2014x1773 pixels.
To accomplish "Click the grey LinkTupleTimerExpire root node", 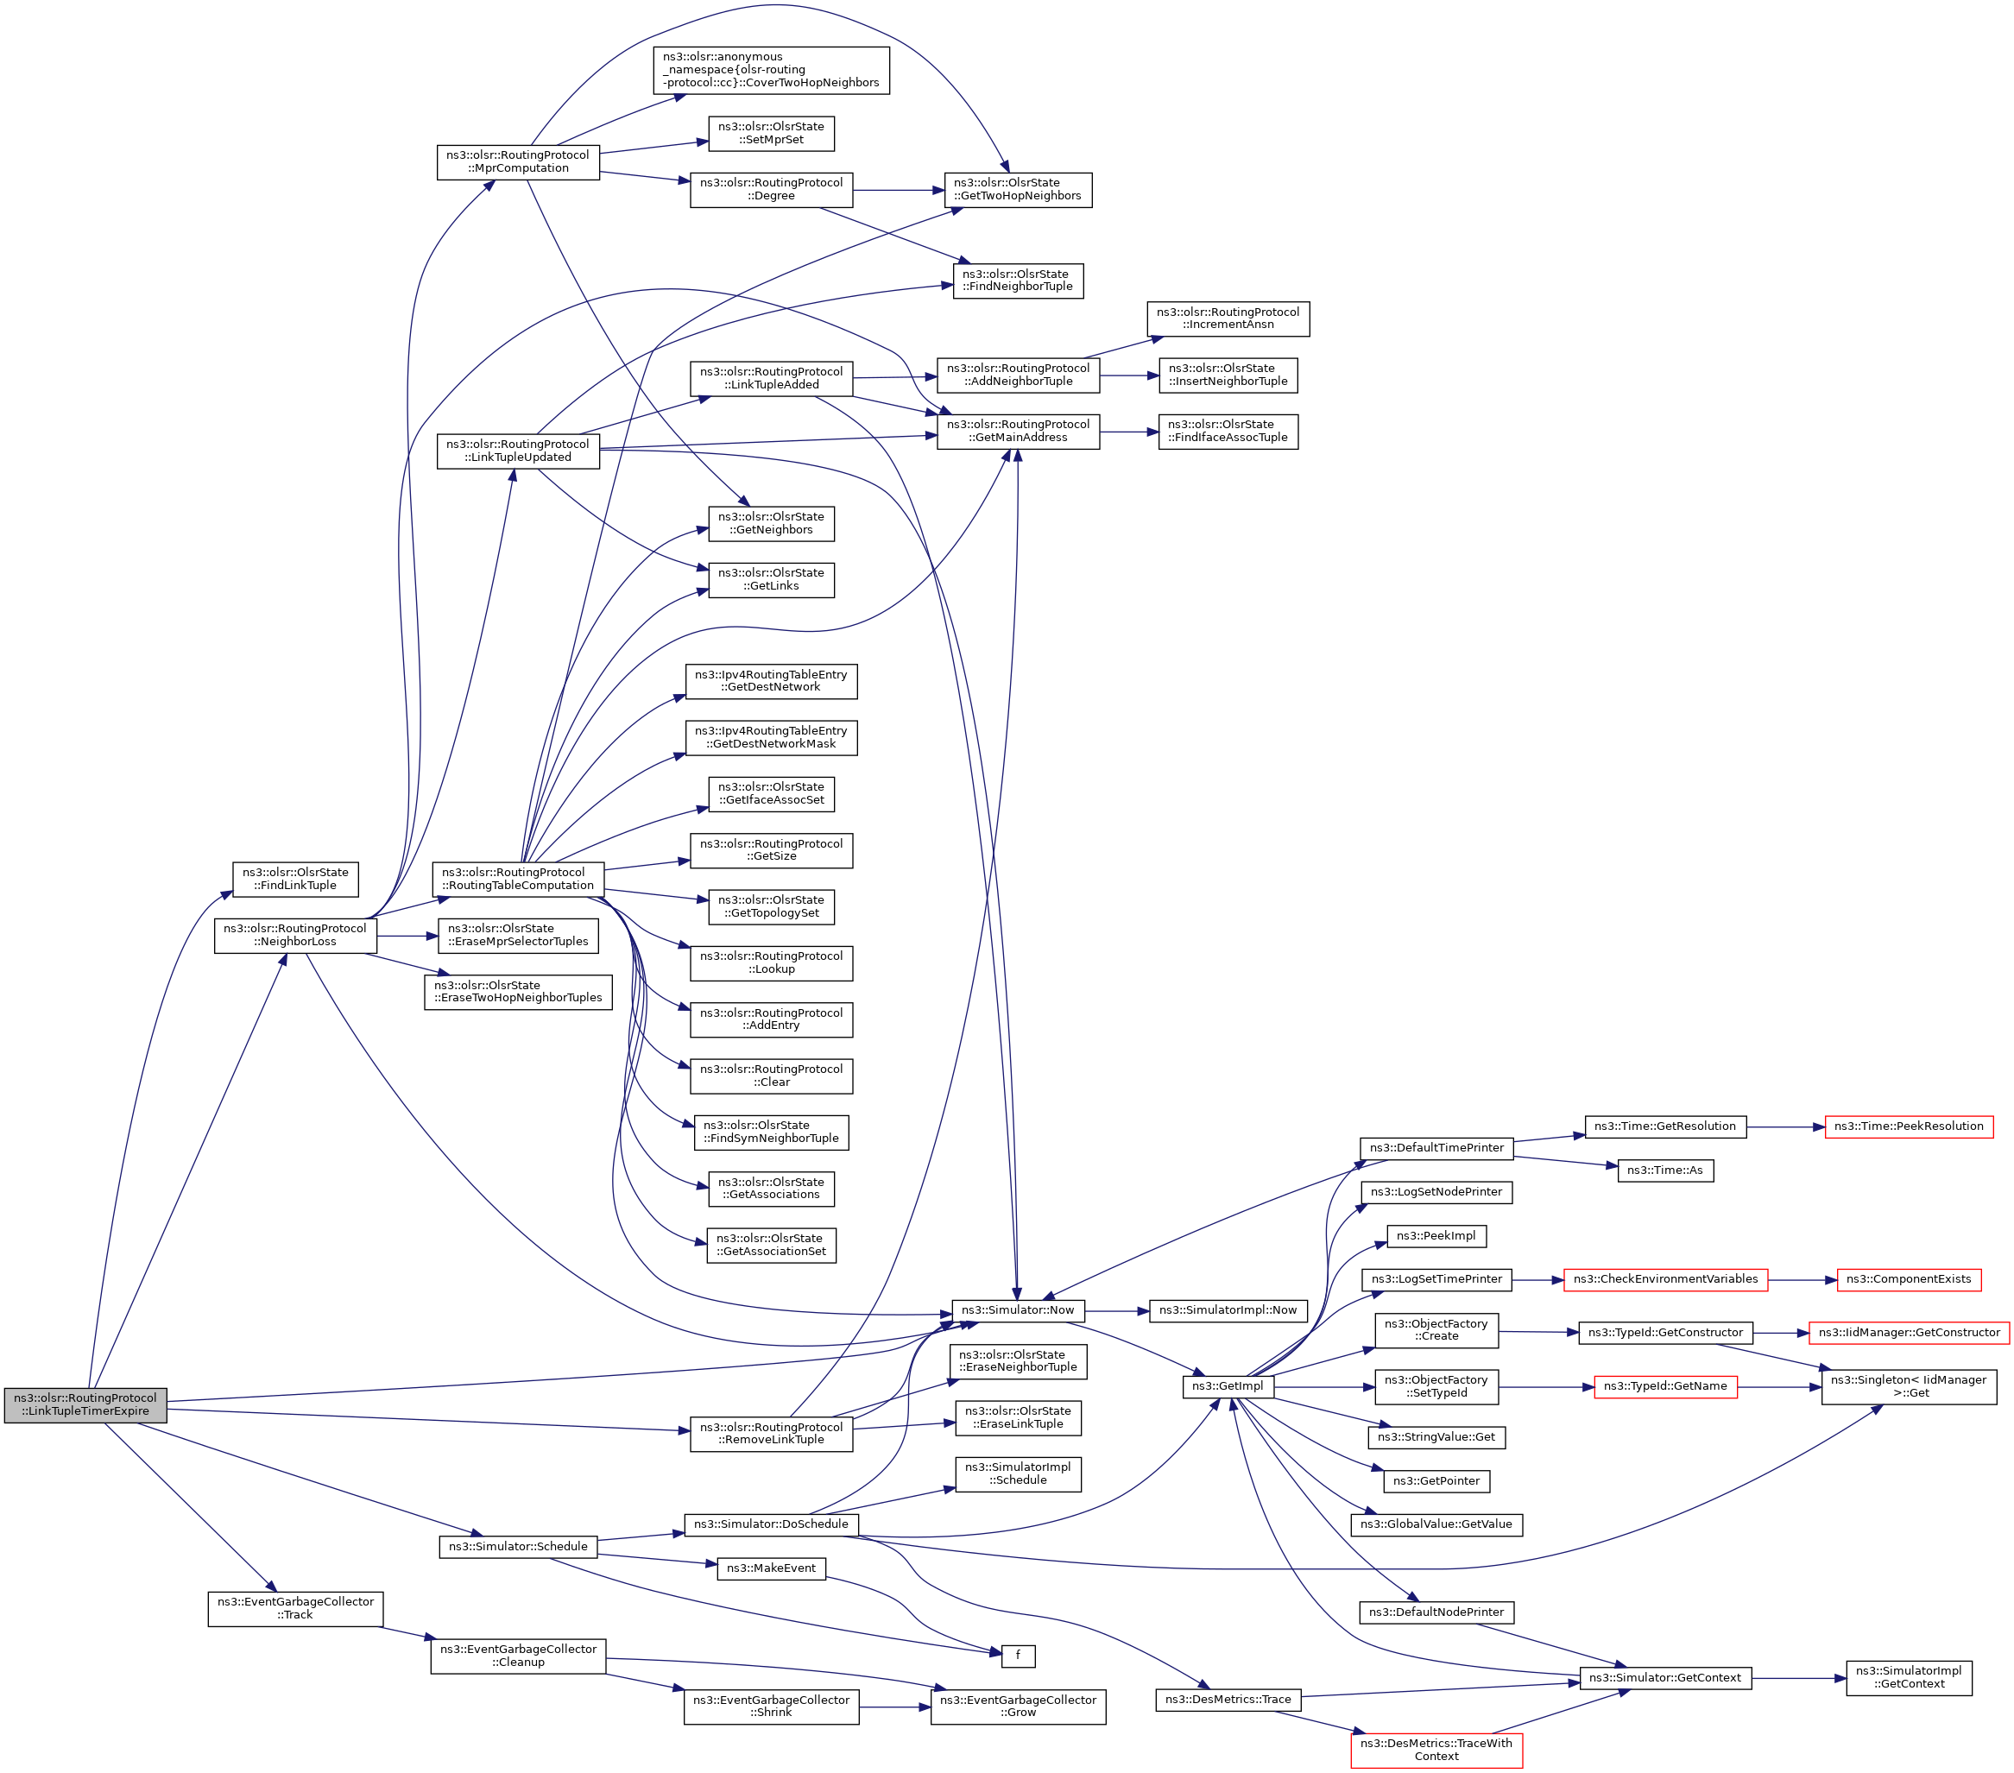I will point(85,1404).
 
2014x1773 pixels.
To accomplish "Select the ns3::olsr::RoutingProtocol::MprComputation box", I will point(517,161).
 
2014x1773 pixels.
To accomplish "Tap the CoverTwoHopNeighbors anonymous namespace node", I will point(771,70).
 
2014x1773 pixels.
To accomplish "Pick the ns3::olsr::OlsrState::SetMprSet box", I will point(771,133).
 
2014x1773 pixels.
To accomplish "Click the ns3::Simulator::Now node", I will point(1017,1310).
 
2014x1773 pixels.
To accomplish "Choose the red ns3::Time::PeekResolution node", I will point(1908,1126).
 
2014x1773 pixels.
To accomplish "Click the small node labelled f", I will point(1018,1656).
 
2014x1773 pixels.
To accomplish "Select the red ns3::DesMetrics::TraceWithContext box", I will point(1436,1750).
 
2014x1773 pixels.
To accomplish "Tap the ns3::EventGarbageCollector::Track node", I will point(294,1608).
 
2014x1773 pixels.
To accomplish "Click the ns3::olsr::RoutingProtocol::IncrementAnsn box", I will point(1228,319).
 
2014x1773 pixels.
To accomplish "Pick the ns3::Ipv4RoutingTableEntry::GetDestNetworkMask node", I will point(771,737).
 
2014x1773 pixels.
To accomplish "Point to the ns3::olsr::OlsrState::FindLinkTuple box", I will point(294,879).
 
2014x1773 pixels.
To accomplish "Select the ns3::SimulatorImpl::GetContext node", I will point(1908,1677).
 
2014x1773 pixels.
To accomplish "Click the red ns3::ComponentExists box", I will point(1908,1279).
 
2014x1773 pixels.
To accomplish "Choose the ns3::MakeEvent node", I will point(771,1568).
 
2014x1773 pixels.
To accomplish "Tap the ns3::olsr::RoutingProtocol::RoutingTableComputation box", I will point(517,879).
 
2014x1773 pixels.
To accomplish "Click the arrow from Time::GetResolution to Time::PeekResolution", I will point(1785,1126).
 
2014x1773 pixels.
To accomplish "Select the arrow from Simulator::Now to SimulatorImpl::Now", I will point(1116,1311).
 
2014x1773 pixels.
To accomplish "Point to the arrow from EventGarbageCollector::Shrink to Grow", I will point(893,1707).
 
